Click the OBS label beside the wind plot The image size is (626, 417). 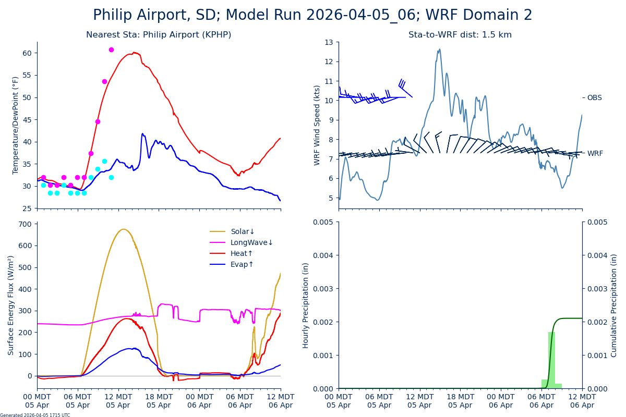pos(594,97)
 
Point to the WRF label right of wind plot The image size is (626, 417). pos(595,153)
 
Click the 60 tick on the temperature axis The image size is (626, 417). pos(27,53)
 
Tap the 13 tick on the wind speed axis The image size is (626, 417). pos(330,42)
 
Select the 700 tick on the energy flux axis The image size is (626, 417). pos(25,224)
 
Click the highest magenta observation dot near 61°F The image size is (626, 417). pos(111,50)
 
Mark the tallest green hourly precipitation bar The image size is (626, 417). pos(551,360)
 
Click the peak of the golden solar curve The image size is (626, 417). pos(123,229)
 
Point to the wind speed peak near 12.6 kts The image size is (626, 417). pos(440,50)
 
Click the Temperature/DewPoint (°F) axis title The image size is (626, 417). pos(16,125)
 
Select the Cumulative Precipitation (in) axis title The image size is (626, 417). pos(614,305)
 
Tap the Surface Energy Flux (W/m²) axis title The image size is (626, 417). pos(11,305)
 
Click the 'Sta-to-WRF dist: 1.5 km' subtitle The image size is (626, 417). pos(460,35)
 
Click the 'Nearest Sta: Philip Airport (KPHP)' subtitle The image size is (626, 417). pos(159,35)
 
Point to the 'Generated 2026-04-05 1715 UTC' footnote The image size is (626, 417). pos(35,415)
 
